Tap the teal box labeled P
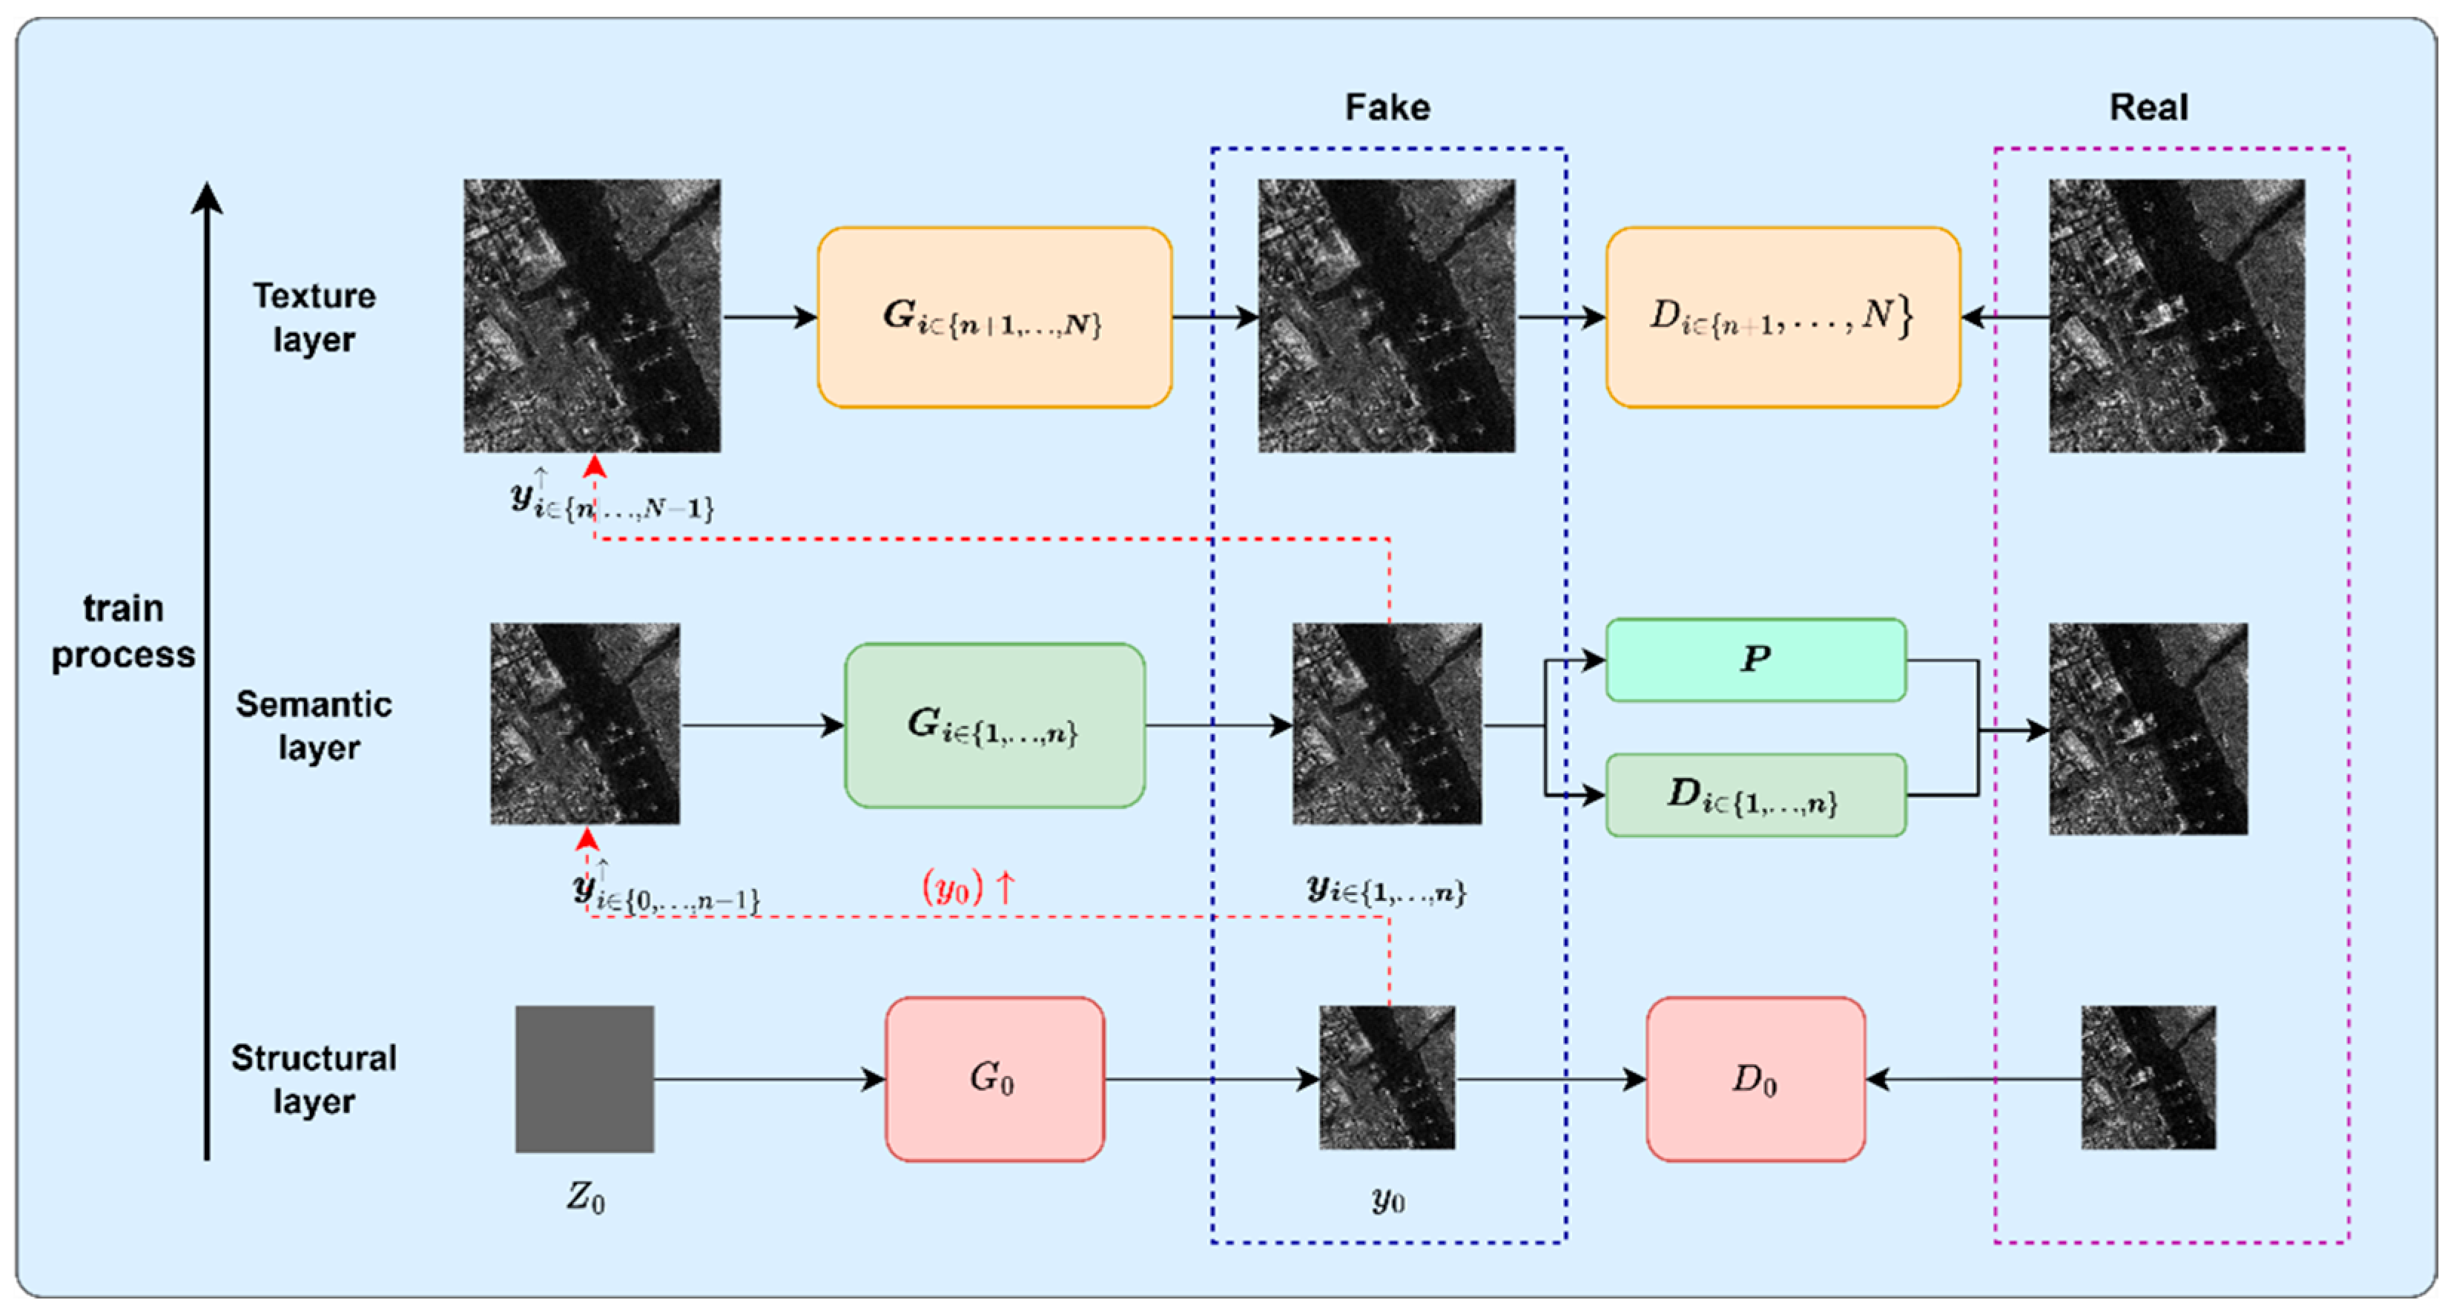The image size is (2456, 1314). click(x=1755, y=659)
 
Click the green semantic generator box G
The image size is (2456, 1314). click(x=994, y=726)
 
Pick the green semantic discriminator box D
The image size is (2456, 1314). click(x=1755, y=794)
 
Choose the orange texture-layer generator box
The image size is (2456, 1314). click(x=994, y=317)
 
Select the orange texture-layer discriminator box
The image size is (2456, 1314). click(x=1782, y=317)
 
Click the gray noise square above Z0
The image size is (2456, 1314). click(x=584, y=1078)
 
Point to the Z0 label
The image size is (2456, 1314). click(x=585, y=1196)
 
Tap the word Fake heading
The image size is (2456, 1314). click(x=1387, y=107)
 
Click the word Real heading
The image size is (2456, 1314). click(x=2148, y=107)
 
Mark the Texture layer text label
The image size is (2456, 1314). click(x=314, y=317)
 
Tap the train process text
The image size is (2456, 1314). click(x=123, y=630)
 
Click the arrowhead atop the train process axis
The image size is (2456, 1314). click(x=207, y=197)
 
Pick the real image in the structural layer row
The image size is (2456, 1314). click(x=2148, y=1077)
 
